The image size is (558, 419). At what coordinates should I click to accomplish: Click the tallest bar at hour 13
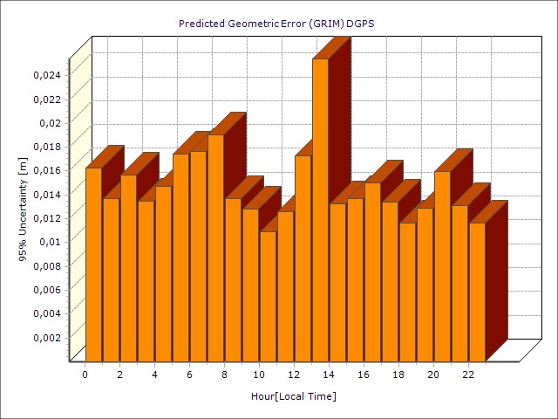click(320, 209)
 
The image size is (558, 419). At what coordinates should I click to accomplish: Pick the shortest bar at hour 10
click(268, 296)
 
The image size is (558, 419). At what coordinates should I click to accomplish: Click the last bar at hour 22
click(477, 292)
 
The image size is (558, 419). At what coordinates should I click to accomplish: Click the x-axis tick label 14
click(329, 374)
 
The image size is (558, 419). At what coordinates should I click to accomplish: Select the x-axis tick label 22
click(468, 374)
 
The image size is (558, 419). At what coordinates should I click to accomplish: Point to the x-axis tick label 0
click(85, 374)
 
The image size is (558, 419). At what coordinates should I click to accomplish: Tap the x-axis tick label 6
click(189, 374)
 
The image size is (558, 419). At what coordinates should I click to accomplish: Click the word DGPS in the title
click(361, 24)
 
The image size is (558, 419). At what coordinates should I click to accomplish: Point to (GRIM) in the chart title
click(326, 24)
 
